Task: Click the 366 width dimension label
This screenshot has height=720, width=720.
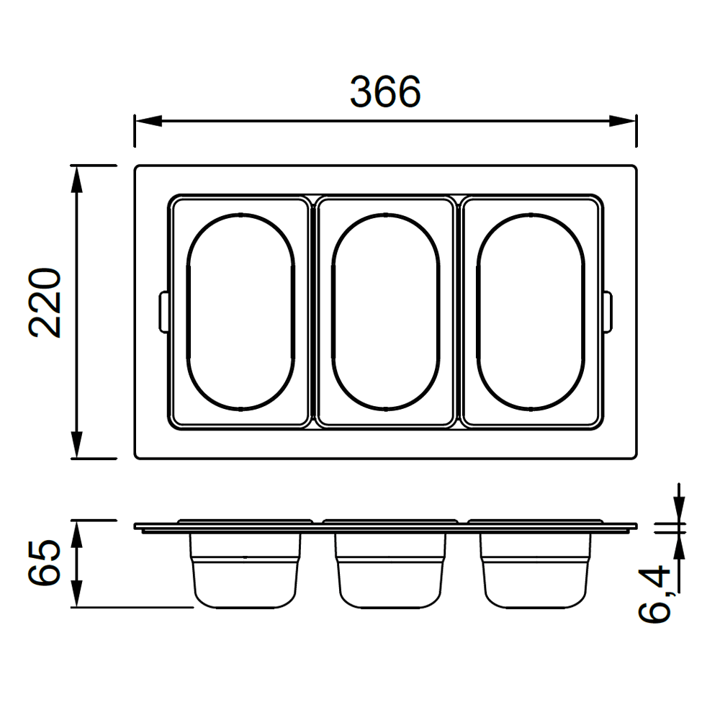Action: [x=385, y=92]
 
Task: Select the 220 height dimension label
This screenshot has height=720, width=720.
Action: [x=45, y=303]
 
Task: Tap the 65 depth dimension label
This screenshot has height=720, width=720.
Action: [x=45, y=562]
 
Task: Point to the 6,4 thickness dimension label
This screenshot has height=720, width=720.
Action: [x=654, y=594]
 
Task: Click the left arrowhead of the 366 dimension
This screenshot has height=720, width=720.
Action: [x=148, y=121]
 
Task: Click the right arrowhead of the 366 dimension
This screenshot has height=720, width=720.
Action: [x=623, y=121]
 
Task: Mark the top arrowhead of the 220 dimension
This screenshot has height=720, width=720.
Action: [x=77, y=179]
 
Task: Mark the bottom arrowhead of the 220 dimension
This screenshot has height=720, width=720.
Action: [x=77, y=444]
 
